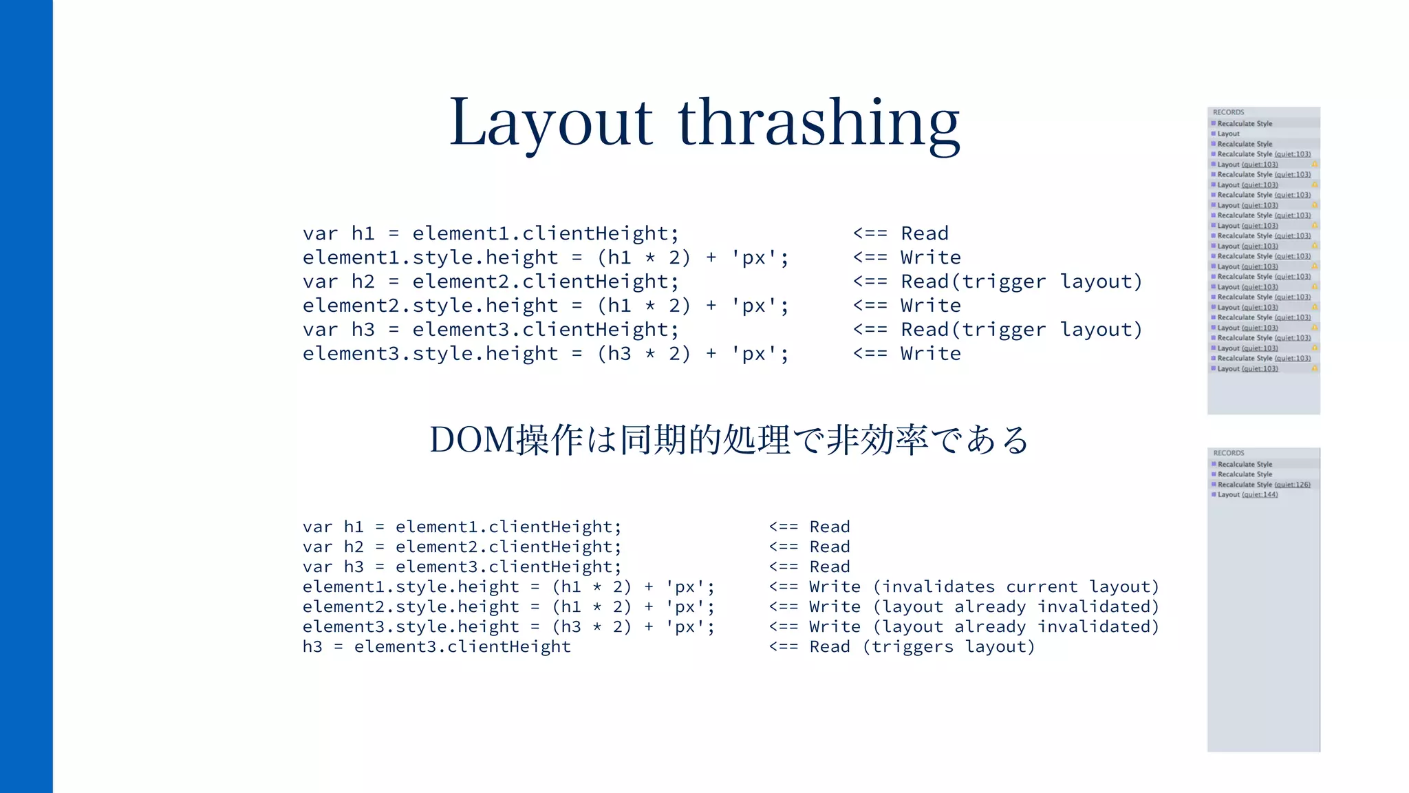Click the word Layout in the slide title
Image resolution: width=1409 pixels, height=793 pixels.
550,123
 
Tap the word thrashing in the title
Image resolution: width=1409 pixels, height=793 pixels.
819,123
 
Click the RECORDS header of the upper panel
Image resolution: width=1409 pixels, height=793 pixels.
1228,112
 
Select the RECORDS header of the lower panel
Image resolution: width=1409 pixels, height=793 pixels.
1229,453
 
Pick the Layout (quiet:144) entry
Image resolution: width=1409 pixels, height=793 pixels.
1247,494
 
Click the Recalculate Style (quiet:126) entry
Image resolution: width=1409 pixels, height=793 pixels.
1263,485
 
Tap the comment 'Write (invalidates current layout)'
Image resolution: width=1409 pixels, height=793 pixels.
963,586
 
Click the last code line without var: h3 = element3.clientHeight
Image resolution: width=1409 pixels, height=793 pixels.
436,646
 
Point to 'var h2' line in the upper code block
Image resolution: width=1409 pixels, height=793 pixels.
491,282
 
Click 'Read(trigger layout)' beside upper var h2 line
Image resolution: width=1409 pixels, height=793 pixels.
998,282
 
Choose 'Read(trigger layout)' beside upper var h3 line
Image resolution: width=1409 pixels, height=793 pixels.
998,330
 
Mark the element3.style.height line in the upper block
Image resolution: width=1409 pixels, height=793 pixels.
546,354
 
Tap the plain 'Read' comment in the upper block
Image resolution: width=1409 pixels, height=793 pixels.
901,233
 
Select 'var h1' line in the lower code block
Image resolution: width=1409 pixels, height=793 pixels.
462,527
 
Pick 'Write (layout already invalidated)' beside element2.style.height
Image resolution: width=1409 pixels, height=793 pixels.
963,606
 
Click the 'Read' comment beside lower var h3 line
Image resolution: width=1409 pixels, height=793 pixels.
810,567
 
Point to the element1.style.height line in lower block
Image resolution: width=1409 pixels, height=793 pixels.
508,586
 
